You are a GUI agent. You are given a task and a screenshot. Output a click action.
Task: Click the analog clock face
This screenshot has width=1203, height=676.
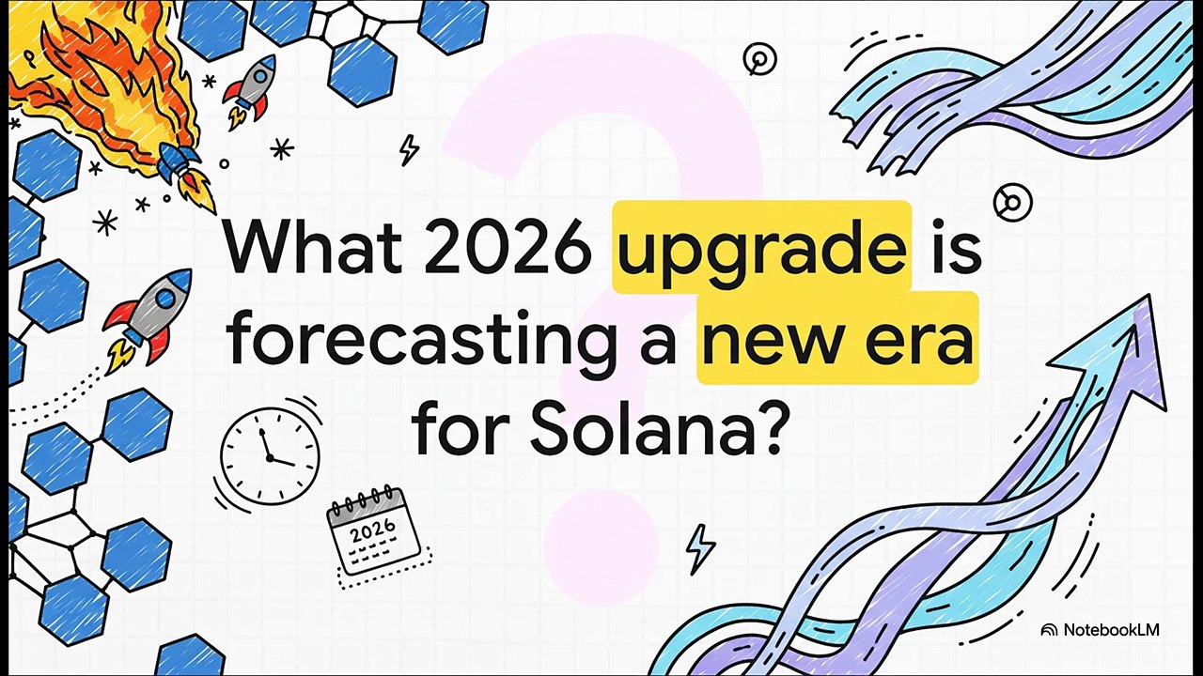tap(270, 455)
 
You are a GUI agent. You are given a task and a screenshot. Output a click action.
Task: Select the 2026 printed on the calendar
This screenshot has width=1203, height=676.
tap(373, 532)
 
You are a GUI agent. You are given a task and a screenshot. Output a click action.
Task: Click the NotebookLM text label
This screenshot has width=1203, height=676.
tap(1111, 630)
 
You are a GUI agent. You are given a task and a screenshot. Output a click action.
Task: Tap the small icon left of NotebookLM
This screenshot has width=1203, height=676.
tap(1050, 630)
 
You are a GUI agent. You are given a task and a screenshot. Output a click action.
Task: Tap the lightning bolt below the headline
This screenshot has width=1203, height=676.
tap(699, 547)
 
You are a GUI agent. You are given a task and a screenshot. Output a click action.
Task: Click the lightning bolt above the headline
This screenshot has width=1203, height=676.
tap(409, 149)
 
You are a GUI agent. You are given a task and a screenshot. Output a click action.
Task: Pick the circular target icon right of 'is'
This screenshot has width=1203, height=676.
tap(1012, 201)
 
